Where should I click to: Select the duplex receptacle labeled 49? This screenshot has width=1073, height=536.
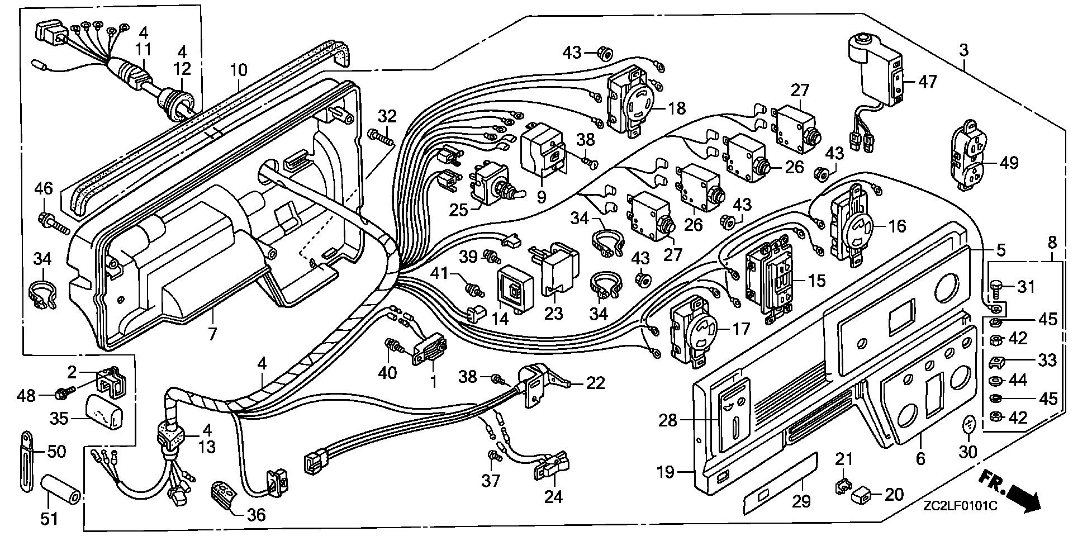[x=971, y=158]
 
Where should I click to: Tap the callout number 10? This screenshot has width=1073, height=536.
[x=239, y=70]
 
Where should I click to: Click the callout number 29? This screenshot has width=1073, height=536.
[x=801, y=501]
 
